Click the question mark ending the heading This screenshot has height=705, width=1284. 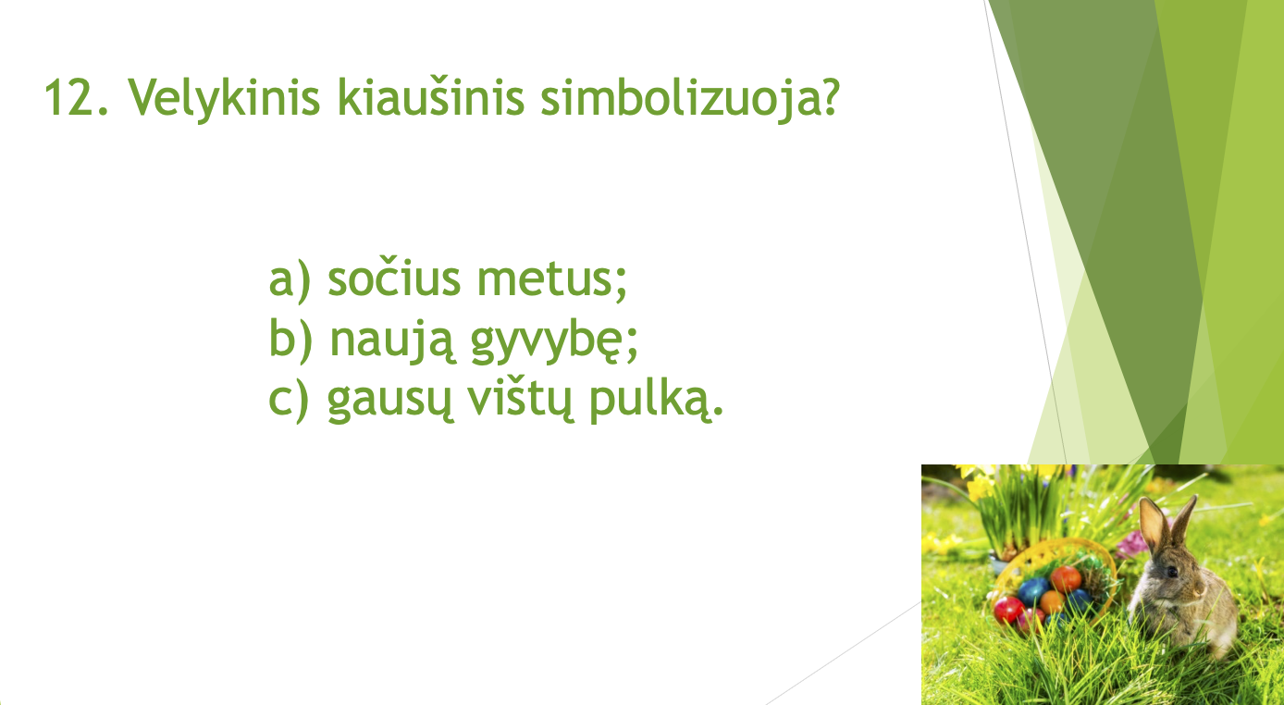point(827,96)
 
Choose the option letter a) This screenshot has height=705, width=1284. point(290,280)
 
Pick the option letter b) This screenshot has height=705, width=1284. point(290,340)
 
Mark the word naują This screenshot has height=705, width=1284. point(392,342)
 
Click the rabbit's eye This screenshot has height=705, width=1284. point(1173,572)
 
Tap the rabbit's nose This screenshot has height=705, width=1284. point(1200,591)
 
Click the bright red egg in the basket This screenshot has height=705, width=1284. point(1009,611)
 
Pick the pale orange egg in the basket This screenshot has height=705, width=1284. point(1052,601)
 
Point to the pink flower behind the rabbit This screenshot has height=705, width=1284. point(1132,543)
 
